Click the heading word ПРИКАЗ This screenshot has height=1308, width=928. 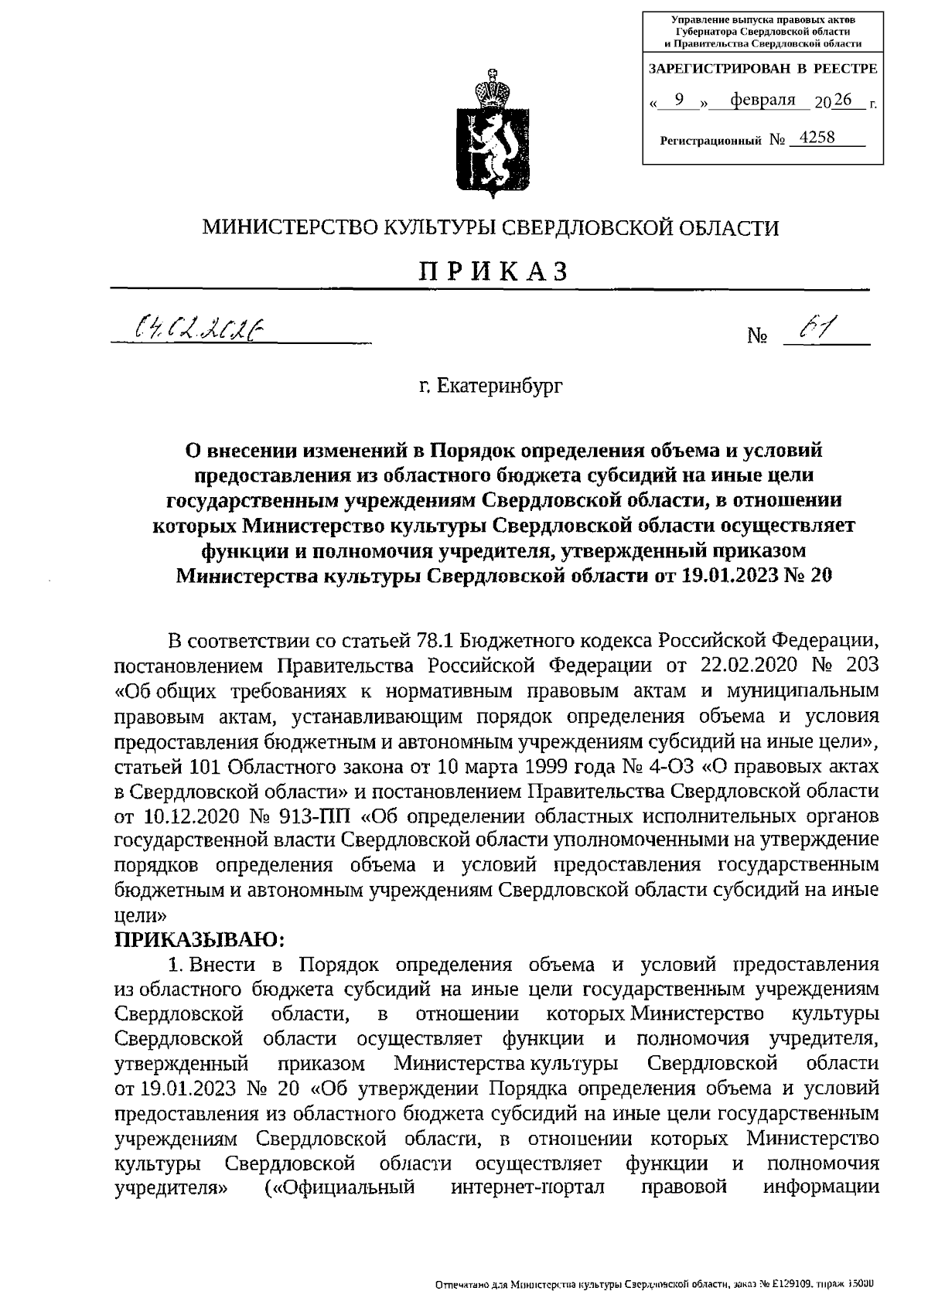[493, 271]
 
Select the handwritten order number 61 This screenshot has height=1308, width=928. [813, 330]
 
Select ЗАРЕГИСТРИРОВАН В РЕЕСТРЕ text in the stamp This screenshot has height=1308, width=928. [762, 68]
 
